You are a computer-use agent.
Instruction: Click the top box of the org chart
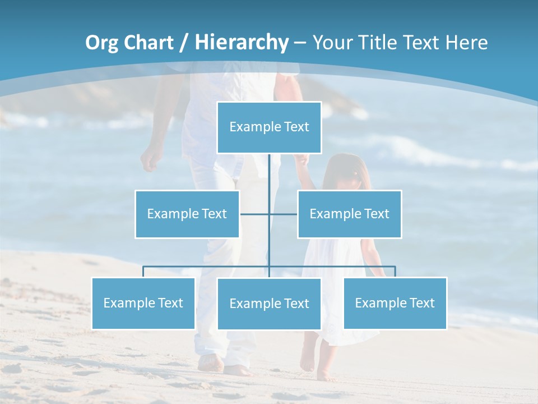(x=269, y=127)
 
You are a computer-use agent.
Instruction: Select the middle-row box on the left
(x=187, y=214)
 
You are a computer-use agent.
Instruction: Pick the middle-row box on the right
(x=349, y=214)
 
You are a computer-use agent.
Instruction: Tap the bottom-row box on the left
(x=143, y=303)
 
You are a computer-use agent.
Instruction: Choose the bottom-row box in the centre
(x=269, y=304)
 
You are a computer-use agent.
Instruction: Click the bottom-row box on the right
(x=395, y=303)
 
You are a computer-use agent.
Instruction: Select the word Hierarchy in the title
(x=242, y=43)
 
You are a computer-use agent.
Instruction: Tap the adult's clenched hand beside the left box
(x=150, y=160)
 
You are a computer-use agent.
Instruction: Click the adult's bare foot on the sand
(x=211, y=363)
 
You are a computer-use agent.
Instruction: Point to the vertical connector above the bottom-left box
(x=143, y=272)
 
